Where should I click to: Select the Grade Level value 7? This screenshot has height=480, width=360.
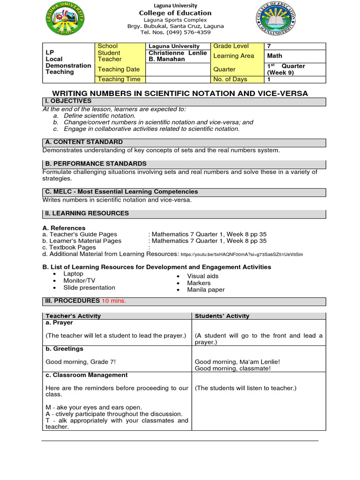click(269, 46)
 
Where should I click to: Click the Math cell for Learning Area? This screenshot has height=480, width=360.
click(275, 56)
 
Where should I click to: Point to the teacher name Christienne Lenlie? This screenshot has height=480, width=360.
click(177, 53)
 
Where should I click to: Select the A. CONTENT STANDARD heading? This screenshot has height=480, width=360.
click(84, 142)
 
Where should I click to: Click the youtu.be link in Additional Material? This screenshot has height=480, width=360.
click(241, 254)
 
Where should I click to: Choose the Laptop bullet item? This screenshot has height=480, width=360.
click(73, 274)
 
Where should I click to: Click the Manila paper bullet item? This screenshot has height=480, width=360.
click(206, 290)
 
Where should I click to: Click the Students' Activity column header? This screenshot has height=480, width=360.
click(222, 316)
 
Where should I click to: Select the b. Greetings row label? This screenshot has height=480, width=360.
click(65, 349)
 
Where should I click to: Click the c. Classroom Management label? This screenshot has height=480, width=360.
click(86, 375)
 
